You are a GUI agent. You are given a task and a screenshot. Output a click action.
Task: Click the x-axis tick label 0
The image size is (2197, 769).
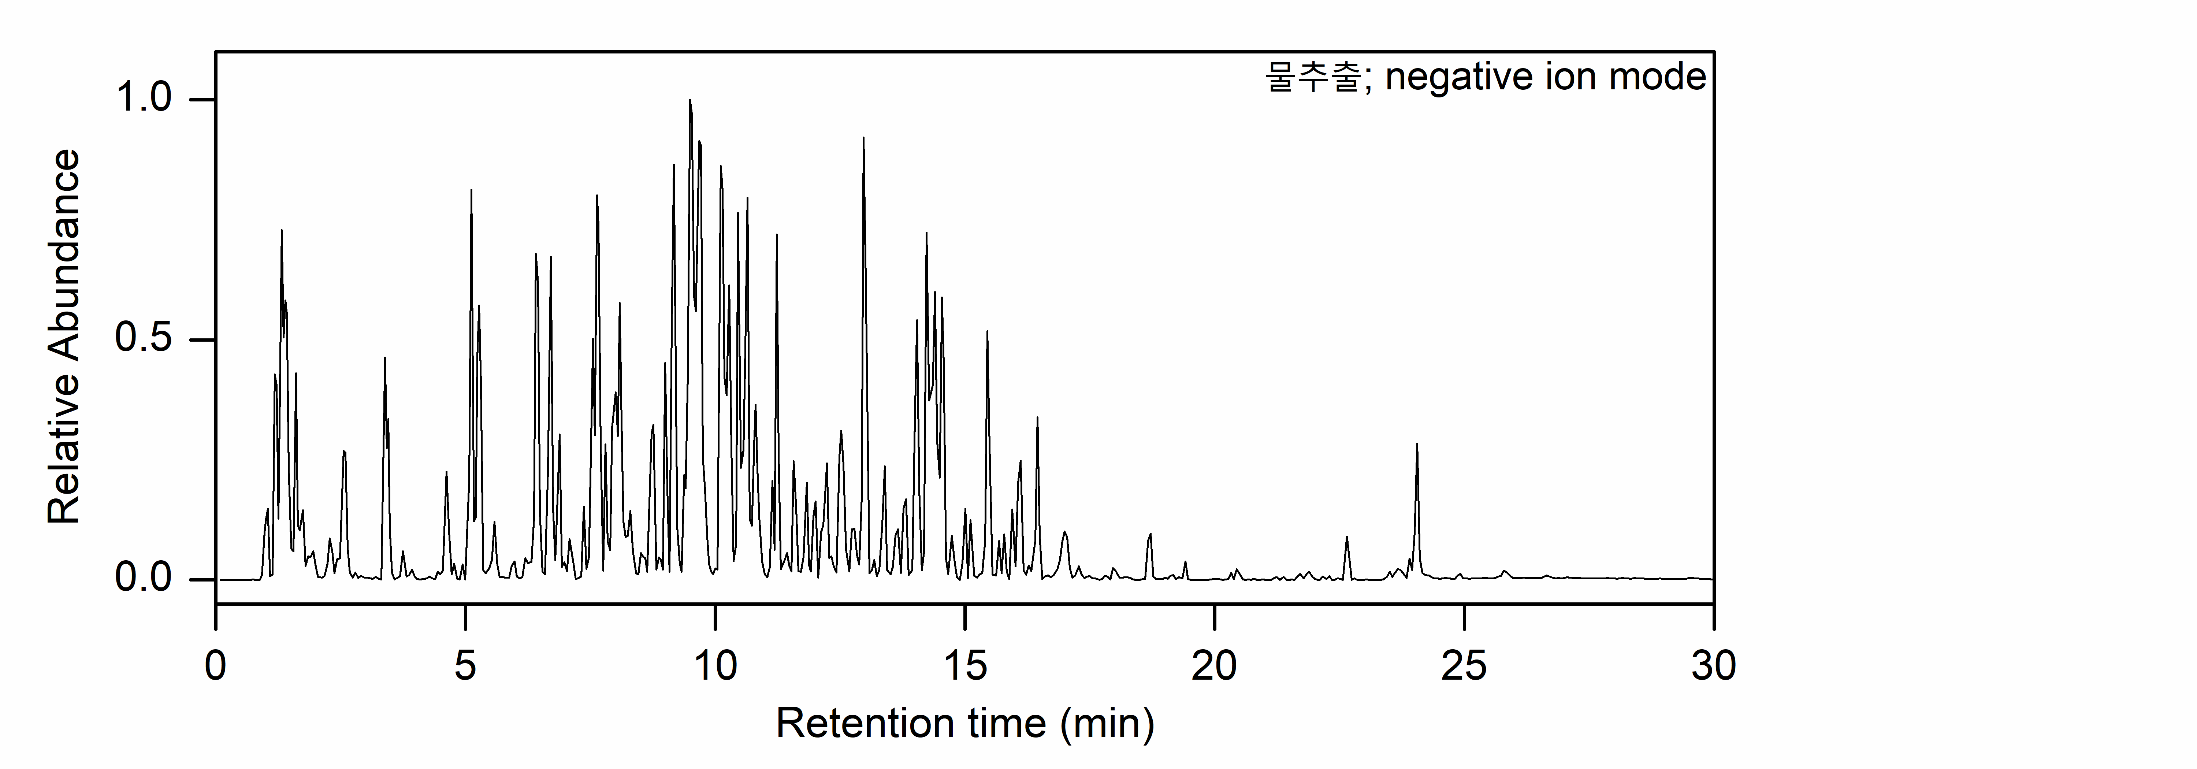coord(216,665)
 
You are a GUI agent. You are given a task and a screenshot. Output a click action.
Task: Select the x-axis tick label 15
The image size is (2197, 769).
coord(964,665)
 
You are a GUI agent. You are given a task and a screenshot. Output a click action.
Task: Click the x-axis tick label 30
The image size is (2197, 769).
coord(1713,665)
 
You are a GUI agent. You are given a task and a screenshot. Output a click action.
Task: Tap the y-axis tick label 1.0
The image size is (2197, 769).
coord(143,99)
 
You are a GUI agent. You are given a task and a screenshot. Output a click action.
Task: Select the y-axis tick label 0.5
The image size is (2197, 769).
coord(143,339)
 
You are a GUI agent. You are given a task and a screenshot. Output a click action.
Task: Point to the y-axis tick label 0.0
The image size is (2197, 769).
coord(143,579)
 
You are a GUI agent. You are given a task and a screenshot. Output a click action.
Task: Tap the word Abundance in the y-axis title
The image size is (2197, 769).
coord(64,268)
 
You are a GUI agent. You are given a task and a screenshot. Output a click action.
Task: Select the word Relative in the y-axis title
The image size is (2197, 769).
coord(64,460)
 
